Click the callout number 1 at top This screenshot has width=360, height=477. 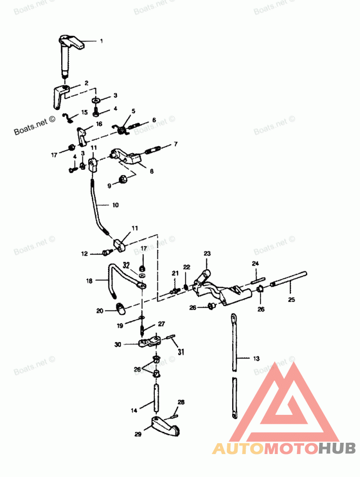coord(101,41)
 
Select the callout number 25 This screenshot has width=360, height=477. coord(291,299)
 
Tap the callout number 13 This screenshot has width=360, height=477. coord(256,359)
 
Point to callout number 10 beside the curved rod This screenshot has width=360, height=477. coord(116,205)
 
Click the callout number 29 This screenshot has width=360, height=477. coord(137,434)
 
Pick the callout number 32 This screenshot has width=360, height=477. coord(126,265)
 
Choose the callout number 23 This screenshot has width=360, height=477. coord(207,254)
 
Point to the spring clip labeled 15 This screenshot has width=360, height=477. coord(68,118)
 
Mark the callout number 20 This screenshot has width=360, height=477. coord(100,310)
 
